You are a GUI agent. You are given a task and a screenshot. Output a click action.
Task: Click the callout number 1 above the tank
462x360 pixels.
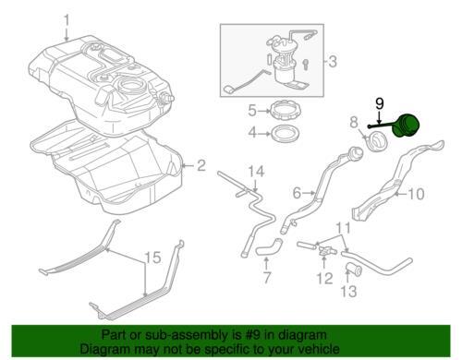(67, 20)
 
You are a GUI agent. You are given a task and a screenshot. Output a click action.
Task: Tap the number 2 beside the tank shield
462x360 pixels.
(201, 165)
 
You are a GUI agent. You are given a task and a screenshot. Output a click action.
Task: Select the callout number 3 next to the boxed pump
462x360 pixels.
(333, 62)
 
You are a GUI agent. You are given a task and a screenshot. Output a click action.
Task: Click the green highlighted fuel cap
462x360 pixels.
(407, 126)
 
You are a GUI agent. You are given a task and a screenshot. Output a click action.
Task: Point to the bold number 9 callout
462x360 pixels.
(380, 103)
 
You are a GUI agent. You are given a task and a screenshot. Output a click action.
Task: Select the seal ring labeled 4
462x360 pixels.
(286, 134)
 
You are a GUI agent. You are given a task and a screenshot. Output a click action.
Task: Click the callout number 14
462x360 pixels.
(256, 172)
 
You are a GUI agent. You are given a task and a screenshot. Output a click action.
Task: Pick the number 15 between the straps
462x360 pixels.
(152, 258)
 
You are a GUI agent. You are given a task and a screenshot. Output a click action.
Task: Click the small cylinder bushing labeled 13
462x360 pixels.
(354, 270)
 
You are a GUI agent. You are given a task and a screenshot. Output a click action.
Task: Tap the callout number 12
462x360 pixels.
(324, 278)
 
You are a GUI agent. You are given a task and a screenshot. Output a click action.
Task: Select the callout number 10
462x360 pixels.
(416, 194)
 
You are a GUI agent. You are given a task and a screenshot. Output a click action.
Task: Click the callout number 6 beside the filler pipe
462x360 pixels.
(297, 193)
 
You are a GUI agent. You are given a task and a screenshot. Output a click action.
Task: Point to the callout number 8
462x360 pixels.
(354, 122)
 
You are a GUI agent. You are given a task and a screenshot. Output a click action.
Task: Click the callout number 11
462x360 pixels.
(343, 228)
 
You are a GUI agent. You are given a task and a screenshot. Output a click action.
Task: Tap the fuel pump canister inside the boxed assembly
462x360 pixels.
(284, 71)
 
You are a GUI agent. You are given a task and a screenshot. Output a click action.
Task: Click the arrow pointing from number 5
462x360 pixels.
(264, 111)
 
